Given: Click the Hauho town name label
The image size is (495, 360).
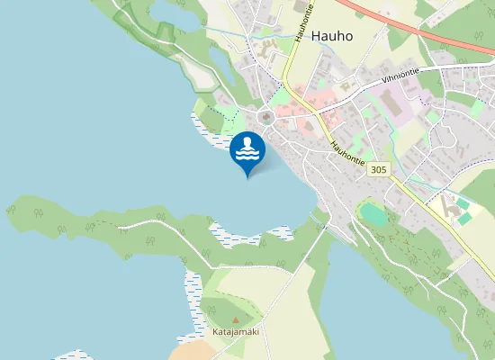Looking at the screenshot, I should (333, 37).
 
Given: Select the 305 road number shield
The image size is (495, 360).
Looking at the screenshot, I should (379, 169).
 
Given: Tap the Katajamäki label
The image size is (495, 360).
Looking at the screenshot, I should (235, 332).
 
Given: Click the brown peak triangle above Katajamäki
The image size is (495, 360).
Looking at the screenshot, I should (236, 319).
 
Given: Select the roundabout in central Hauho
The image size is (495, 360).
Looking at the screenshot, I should (265, 116).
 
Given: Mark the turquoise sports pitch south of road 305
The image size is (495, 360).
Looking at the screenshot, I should (372, 214).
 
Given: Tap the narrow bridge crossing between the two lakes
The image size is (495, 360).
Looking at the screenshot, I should (316, 216).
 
